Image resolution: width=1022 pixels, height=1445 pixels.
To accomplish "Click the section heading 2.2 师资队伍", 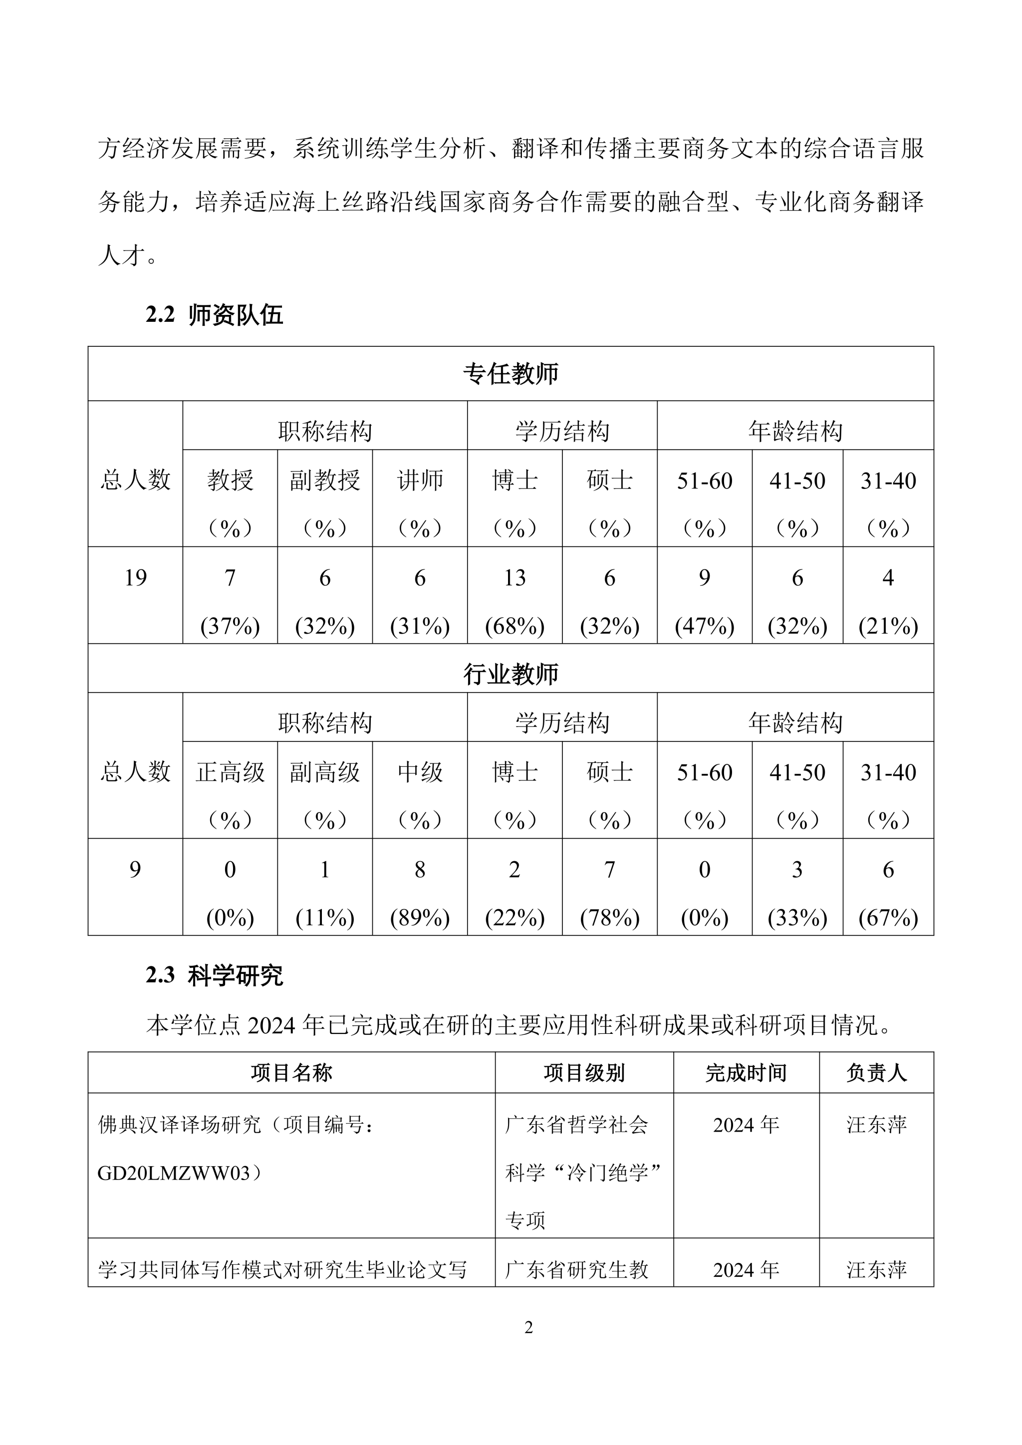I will [x=215, y=315].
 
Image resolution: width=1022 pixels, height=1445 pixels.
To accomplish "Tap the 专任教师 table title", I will [x=511, y=374].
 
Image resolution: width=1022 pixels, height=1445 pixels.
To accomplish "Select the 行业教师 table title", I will [x=511, y=674].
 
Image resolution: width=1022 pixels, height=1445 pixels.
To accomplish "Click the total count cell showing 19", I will [x=135, y=578].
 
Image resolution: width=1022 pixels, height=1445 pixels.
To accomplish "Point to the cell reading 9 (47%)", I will [x=704, y=601].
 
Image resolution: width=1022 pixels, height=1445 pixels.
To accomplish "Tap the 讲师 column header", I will [x=420, y=482].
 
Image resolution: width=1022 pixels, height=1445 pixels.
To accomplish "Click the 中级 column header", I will [x=420, y=773].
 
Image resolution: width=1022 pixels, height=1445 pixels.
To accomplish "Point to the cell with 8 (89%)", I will [x=420, y=893].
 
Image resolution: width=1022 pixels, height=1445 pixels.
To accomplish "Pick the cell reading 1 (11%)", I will [x=325, y=893].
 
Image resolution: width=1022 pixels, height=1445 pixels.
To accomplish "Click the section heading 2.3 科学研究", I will [x=215, y=975].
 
